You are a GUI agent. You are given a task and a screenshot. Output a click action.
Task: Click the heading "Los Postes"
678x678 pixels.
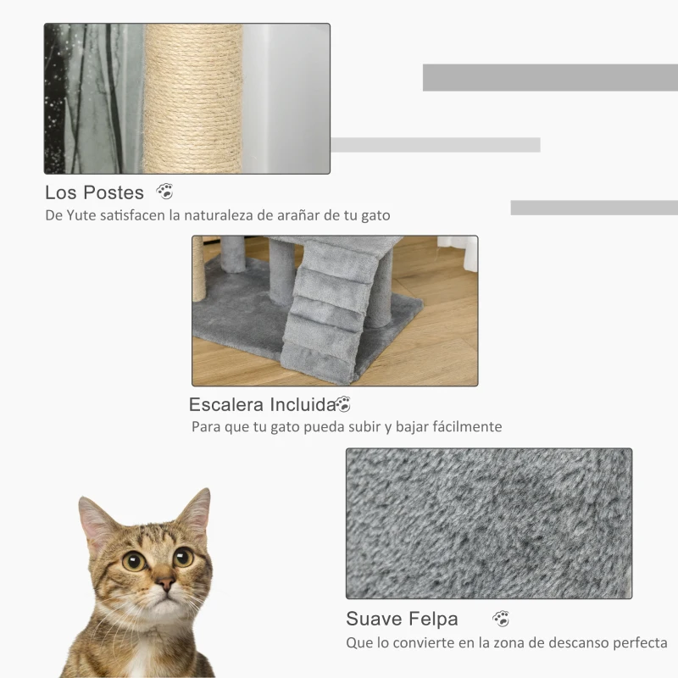click(94, 192)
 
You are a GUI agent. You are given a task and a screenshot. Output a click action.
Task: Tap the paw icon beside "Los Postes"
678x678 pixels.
click(164, 192)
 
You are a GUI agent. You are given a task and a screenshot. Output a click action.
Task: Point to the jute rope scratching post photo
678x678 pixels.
click(192, 98)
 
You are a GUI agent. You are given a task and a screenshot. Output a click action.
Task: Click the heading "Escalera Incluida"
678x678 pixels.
click(262, 404)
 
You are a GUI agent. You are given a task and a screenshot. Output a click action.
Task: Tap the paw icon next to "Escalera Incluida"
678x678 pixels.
click(343, 404)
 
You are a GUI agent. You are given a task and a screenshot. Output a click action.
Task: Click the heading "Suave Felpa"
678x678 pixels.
click(402, 618)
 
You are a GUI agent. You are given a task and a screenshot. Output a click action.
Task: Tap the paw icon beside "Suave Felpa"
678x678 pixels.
click(501, 619)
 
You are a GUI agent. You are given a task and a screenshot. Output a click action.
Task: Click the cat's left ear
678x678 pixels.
click(96, 519)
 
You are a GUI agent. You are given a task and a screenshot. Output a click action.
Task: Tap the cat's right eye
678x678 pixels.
click(183, 557)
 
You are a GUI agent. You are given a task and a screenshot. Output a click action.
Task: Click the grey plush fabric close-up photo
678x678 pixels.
click(488, 523)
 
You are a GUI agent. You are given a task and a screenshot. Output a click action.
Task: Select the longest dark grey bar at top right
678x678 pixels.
click(550, 77)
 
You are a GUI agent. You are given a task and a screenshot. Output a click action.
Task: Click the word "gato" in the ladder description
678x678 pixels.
click(270, 426)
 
